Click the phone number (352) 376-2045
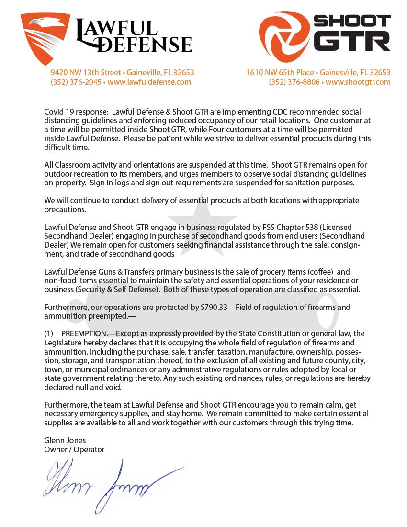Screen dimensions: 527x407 76,82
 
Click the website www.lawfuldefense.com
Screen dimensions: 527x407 149,82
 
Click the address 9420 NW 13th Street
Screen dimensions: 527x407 86,72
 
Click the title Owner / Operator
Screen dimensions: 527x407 74,449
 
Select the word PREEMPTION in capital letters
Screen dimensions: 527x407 85,333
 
